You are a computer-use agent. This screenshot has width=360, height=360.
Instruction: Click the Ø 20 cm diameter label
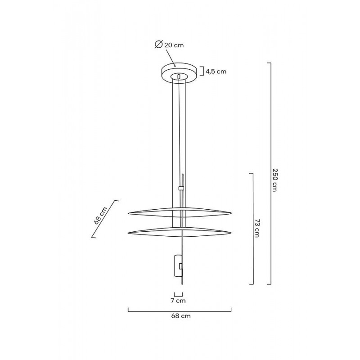pos(169,45)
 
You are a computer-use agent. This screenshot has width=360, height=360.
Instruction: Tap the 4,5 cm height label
pos(216,71)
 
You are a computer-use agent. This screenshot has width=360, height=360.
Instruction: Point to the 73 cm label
pos(257,229)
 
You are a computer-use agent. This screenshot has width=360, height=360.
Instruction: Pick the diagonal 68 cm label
pos(101,215)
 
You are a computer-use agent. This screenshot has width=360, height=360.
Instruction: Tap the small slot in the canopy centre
pos(180,77)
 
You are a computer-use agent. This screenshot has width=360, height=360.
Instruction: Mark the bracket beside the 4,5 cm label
pos(202,71)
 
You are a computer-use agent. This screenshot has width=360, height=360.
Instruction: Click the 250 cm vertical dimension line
pos(270,173)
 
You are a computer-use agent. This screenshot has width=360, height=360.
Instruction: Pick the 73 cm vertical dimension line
pos(252,228)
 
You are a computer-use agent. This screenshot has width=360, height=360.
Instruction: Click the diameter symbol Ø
pos(158,44)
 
